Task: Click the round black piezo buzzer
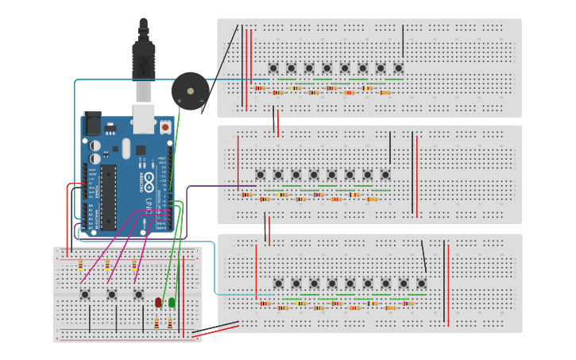pyautogui.click(x=190, y=91)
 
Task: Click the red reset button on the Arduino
pyautogui.click(x=165, y=127)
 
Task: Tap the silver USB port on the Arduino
pyautogui.click(x=144, y=119)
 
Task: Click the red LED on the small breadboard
pyautogui.click(x=158, y=303)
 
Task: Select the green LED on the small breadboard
pyautogui.click(x=172, y=302)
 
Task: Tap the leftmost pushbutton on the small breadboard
pyautogui.click(x=85, y=294)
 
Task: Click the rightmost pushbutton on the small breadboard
pyautogui.click(x=138, y=294)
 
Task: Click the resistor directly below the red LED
pyautogui.click(x=157, y=323)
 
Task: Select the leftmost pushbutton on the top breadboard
pyautogui.click(x=273, y=68)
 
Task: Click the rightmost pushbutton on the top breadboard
pyautogui.click(x=398, y=68)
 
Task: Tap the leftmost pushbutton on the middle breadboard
pyautogui.click(x=260, y=175)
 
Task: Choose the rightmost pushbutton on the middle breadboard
pyautogui.click(x=385, y=175)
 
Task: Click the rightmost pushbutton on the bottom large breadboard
pyautogui.click(x=421, y=283)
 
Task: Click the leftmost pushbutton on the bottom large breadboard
pyautogui.click(x=278, y=283)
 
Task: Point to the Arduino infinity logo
pyautogui.click(x=149, y=179)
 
